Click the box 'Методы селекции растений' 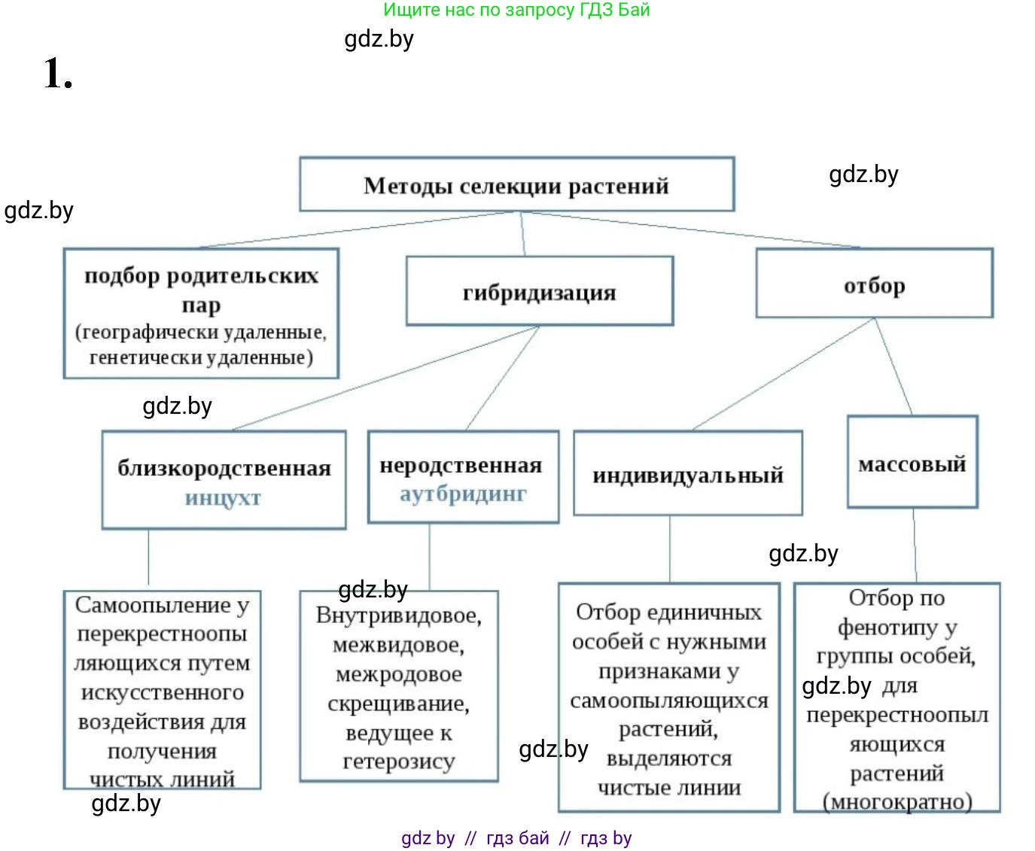[x=516, y=185]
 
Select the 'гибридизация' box [x=539, y=292]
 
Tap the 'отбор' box [x=874, y=284]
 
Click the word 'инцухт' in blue [x=223, y=498]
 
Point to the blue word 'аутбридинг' [x=463, y=494]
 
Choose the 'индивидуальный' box [x=687, y=475]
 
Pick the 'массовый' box [x=912, y=463]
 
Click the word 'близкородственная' [x=224, y=468]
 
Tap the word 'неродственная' [x=461, y=465]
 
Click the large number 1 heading [x=57, y=74]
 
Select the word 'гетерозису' [x=398, y=761]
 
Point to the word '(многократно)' [x=897, y=801]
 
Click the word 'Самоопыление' [x=154, y=605]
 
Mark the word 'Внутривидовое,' [x=398, y=615]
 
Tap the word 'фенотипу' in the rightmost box [x=887, y=627]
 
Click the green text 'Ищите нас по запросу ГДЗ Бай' [x=516, y=10]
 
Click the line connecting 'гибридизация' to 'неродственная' [x=503, y=378]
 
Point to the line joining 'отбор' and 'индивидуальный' [x=783, y=374]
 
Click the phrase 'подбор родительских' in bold [x=201, y=276]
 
